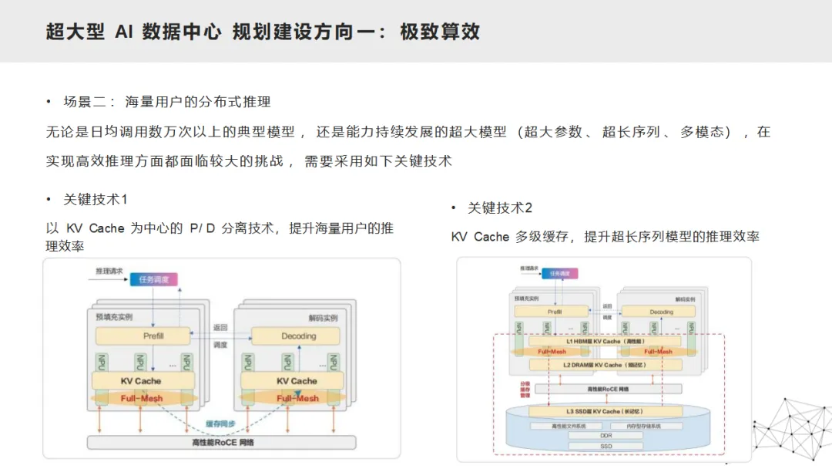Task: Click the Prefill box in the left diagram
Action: point(153,336)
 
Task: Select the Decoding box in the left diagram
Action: point(298,336)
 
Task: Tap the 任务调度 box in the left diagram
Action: point(153,279)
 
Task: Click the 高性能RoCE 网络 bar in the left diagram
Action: point(222,442)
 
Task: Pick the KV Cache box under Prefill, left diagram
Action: point(143,380)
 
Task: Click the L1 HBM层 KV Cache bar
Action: point(605,341)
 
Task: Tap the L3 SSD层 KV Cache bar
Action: point(605,411)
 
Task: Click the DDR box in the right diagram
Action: point(605,436)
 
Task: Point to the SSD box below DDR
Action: point(605,447)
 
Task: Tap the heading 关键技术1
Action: point(95,200)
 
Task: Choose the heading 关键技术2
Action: point(500,208)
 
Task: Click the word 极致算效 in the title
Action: point(440,32)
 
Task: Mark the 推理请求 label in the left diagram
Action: point(109,272)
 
